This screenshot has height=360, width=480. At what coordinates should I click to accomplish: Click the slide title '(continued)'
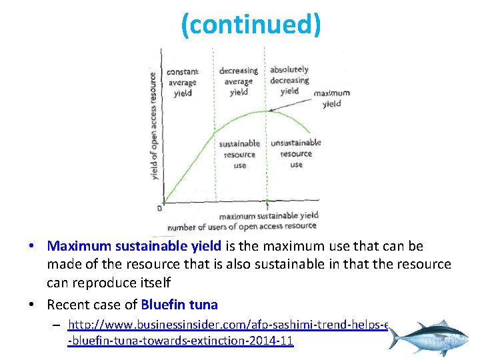(x=251, y=25)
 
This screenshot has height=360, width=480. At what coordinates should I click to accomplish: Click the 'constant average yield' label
(x=182, y=83)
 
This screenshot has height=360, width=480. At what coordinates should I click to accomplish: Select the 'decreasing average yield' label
(x=238, y=81)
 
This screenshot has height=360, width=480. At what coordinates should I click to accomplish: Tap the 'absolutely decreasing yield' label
(x=289, y=80)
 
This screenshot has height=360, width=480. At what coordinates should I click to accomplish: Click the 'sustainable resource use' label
(x=239, y=153)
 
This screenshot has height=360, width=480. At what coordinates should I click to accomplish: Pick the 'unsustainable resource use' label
(x=296, y=153)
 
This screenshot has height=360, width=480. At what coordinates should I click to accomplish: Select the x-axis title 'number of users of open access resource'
(x=242, y=226)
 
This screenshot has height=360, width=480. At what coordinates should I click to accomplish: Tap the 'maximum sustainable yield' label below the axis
(x=269, y=215)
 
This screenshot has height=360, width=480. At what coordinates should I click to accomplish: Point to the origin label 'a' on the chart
(x=159, y=207)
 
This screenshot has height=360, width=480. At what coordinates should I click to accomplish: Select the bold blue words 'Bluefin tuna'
(x=179, y=305)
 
